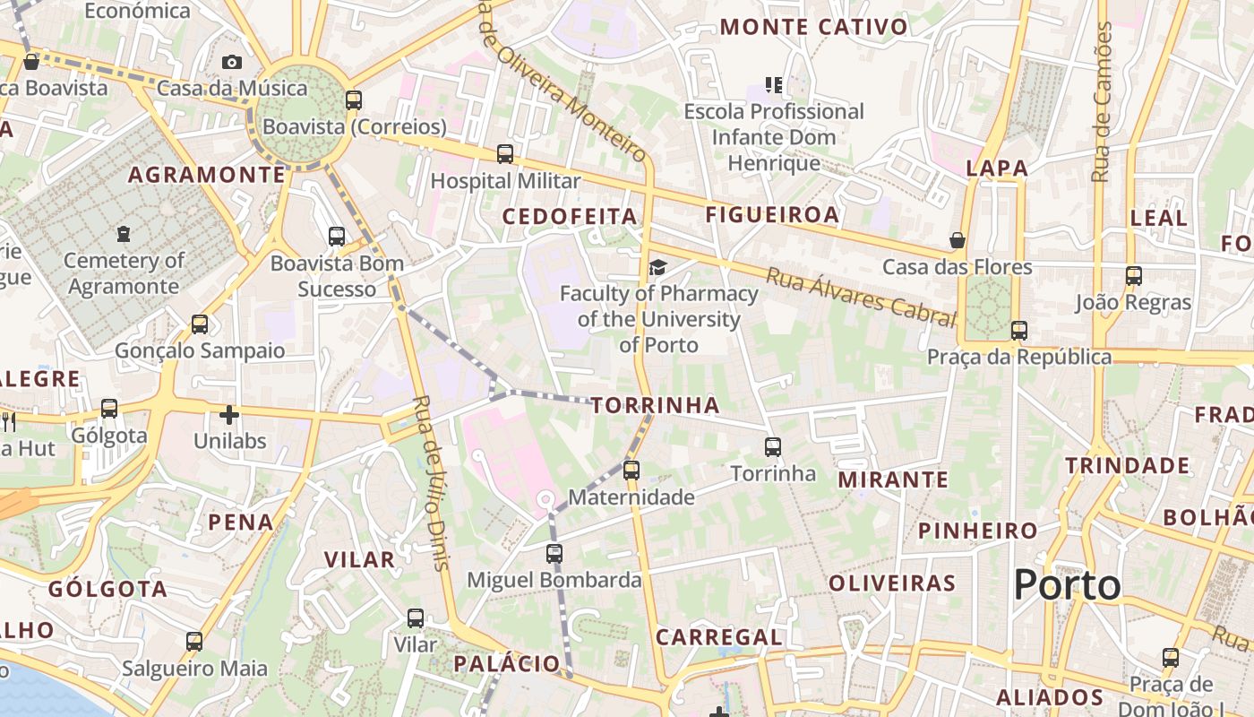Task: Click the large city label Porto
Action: pos(1067,586)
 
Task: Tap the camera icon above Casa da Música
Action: pos(232,62)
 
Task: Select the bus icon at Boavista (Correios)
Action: pos(354,99)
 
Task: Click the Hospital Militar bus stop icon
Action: pos(505,154)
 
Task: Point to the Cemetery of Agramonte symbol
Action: pos(123,235)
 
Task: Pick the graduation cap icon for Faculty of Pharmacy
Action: pos(658,267)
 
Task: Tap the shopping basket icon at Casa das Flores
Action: pos(958,240)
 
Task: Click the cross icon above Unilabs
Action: pos(229,415)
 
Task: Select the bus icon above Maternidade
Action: pos(631,470)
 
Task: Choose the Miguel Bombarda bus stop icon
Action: pos(554,553)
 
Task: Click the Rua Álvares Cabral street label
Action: pos(861,297)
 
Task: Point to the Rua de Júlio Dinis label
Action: pos(431,481)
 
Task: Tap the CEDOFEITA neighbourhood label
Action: pos(570,217)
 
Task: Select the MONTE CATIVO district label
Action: pos(813,28)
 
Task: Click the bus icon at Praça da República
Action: pos(1018,330)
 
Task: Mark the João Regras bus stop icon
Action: pos(1134,275)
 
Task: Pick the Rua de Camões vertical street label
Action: pos(1103,102)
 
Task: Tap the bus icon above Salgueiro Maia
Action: pos(194,642)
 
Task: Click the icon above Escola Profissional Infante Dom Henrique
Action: pos(774,85)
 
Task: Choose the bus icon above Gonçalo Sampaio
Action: pos(200,324)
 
